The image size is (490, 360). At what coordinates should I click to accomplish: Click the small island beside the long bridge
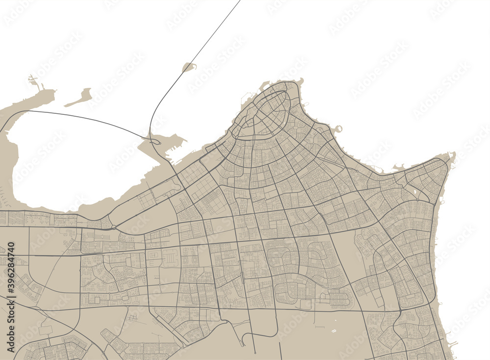point(189,67)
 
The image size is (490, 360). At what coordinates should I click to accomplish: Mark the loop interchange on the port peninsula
point(156,142)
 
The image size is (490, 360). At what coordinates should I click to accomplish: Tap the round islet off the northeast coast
point(338,129)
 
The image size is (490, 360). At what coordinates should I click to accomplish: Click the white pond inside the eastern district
point(416,193)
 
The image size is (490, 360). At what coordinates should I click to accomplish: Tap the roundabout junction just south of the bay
point(114,227)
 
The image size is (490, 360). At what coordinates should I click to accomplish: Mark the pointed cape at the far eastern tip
point(453,156)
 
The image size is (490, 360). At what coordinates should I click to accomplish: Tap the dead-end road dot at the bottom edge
point(255,353)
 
